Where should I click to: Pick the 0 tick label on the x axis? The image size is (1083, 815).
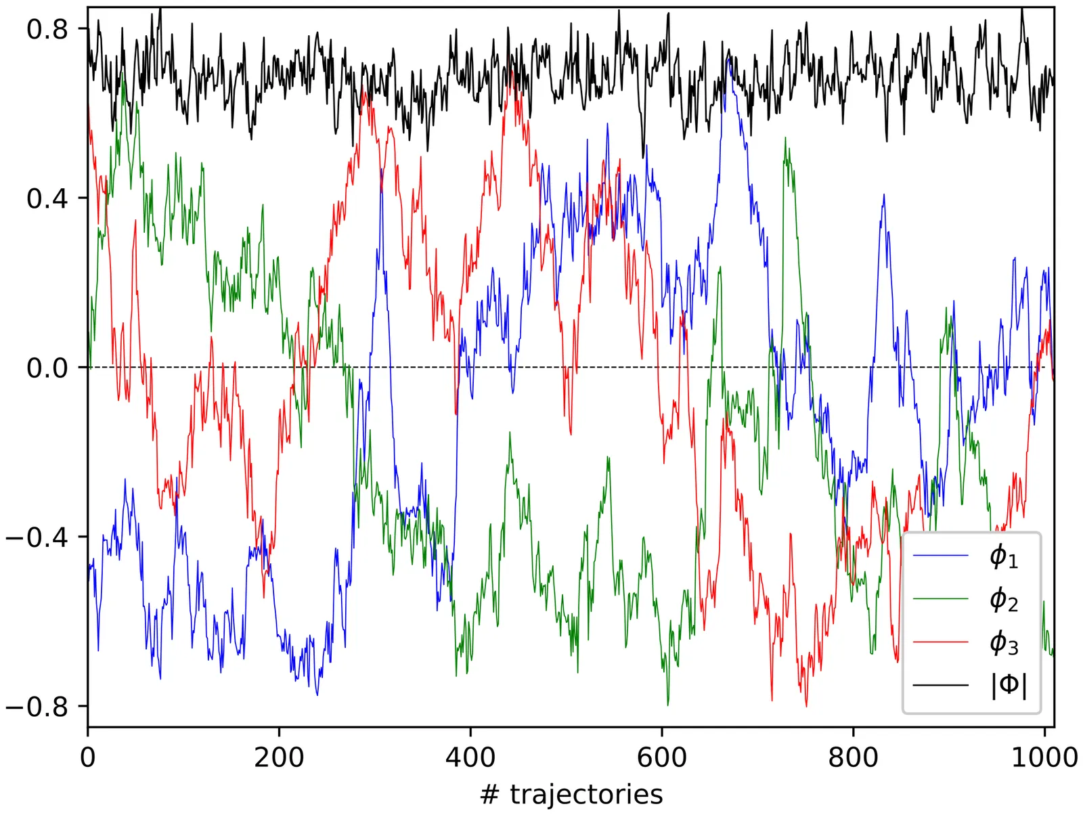tap(88, 757)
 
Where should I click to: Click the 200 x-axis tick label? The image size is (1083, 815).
tap(279, 757)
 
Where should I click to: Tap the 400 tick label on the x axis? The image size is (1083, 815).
tap(470, 757)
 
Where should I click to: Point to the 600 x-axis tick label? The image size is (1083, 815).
tap(661, 757)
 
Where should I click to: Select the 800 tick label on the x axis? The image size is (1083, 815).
tap(853, 757)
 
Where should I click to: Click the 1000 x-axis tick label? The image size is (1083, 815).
tap(1044, 757)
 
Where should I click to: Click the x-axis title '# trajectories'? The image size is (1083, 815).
tap(571, 794)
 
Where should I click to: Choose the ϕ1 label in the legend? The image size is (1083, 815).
tap(1004, 556)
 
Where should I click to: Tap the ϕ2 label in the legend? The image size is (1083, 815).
tap(1004, 600)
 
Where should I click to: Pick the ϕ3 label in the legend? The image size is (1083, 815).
tap(1004, 642)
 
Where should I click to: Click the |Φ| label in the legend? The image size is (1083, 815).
tap(1009, 685)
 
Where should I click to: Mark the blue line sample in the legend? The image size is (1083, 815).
tap(941, 556)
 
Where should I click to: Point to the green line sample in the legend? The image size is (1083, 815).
tap(941, 600)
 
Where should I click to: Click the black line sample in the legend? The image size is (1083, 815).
tap(941, 685)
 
